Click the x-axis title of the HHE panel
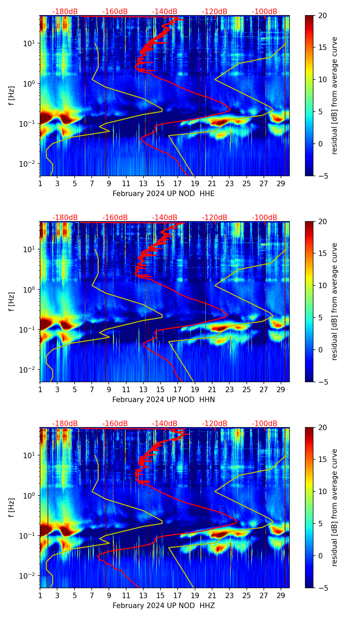(163, 194)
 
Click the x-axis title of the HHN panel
(163, 400)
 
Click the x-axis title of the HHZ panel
(163, 606)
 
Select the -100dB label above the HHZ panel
(265, 424)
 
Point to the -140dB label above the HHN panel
(165, 218)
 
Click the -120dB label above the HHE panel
(215, 12)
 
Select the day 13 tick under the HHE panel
(143, 183)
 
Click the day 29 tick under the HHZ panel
(281, 595)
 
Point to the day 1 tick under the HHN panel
(40, 389)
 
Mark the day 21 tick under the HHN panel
(212, 389)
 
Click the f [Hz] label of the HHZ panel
(12, 508)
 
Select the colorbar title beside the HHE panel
(334, 96)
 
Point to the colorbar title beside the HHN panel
(334, 302)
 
